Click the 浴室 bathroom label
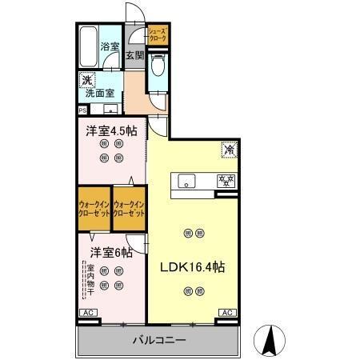[109, 46]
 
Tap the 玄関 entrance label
[134, 56]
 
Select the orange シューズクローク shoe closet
[158, 35]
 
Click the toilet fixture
[158, 69]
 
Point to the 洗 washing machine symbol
[86, 80]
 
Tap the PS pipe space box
[82, 110]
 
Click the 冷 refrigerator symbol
[228, 149]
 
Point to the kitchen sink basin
[186, 180]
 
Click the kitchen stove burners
[226, 180]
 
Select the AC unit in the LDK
[226, 313]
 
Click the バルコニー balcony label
[158, 341]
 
